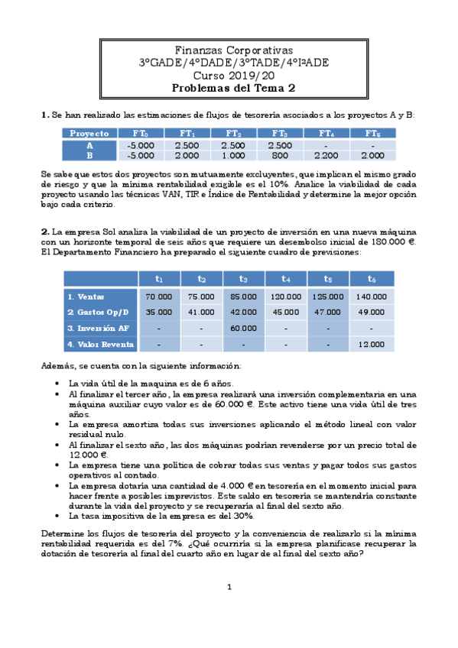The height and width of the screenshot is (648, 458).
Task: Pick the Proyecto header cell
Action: [89, 133]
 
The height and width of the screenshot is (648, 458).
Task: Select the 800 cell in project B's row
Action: [281, 154]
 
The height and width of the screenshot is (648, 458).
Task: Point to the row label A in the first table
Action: [89, 144]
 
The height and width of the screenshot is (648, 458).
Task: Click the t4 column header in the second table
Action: [285, 279]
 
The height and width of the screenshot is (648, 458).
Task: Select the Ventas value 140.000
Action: [371, 296]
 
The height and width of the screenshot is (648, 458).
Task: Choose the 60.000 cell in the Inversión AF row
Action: [243, 328]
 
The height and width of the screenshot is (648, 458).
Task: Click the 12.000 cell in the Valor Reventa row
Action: [371, 345]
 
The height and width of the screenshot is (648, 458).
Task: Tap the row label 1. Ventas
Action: [86, 296]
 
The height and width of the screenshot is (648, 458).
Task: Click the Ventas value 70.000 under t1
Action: [158, 296]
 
